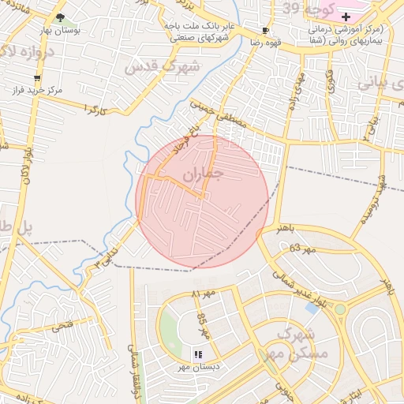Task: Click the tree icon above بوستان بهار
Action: [x=61, y=17]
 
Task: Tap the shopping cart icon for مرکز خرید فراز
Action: [x=37, y=77]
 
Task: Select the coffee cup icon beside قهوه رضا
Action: [x=265, y=31]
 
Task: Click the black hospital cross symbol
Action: [x=345, y=17]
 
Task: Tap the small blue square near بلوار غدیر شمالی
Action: [x=312, y=308]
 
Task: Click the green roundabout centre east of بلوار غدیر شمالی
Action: [x=339, y=309]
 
